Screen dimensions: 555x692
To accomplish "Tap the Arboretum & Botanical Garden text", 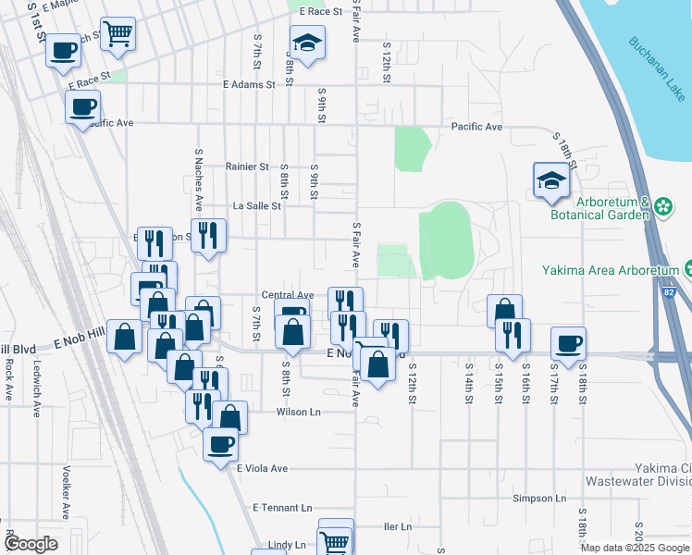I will point(613,209).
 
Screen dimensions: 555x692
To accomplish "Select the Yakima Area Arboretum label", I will point(612,271).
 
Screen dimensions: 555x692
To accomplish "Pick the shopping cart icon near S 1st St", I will point(117,34).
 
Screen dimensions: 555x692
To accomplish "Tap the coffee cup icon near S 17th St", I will point(568,344).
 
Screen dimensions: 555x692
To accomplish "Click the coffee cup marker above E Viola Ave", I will point(220,444).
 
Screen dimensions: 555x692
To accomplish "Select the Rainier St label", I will point(246,167).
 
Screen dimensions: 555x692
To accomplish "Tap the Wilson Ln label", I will point(296,413).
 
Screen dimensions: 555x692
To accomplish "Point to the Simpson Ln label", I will point(538,498).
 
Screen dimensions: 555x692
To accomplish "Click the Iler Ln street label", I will point(396,526).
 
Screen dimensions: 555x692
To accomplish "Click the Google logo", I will point(31,544).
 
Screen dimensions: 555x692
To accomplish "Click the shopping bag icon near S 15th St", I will point(504,311).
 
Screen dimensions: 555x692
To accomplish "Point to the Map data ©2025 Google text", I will point(636,548).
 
